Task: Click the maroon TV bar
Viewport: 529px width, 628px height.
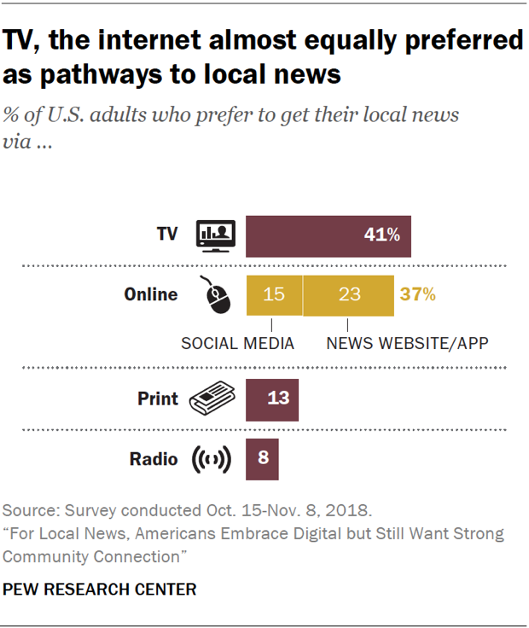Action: (x=328, y=235)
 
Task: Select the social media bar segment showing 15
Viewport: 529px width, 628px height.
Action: (x=273, y=295)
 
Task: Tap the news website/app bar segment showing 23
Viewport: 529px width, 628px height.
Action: (x=348, y=295)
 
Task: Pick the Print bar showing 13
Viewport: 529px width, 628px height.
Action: (x=272, y=398)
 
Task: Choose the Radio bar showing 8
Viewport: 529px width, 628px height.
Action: (x=262, y=457)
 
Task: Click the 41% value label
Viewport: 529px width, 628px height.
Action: (x=381, y=235)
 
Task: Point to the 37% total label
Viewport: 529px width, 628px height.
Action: (x=417, y=295)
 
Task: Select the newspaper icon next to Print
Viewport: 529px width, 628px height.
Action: (x=211, y=398)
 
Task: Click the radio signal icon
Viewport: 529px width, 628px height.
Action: (x=211, y=459)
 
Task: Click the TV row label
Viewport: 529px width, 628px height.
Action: (x=167, y=234)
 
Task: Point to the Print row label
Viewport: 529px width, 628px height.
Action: (x=158, y=398)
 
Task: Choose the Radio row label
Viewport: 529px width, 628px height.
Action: (x=154, y=459)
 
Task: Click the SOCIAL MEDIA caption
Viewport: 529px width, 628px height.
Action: (x=237, y=344)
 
